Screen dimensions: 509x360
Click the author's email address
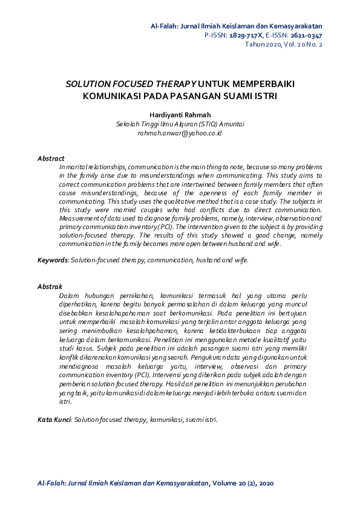pos(180,132)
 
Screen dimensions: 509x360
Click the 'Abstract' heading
pos(51,158)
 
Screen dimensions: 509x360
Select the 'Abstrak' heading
pos(50,286)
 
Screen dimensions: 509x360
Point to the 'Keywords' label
pos(53,260)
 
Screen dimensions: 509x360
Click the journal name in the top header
pos(236,26)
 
